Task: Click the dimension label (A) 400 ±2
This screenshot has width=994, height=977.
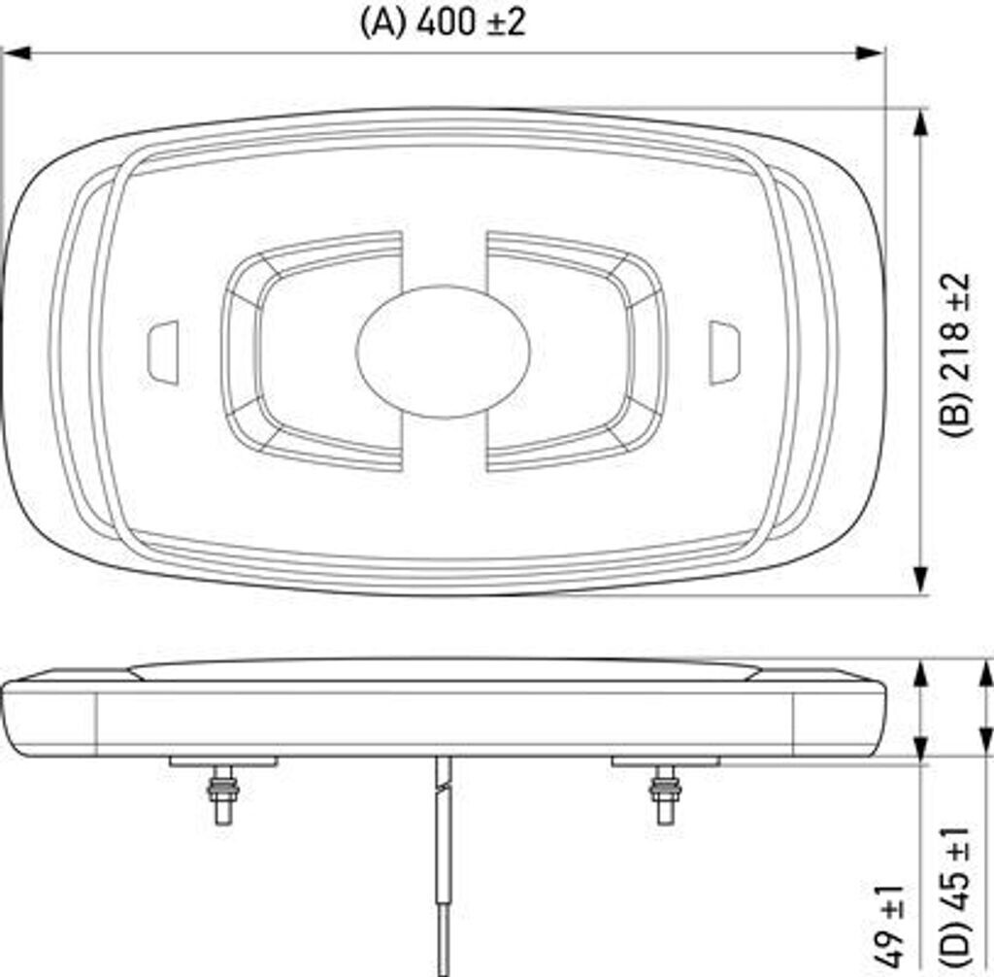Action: point(443,21)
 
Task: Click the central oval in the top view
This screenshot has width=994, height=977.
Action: point(444,351)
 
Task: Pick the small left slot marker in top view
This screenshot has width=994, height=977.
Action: point(163,351)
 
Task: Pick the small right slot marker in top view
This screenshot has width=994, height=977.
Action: point(724,352)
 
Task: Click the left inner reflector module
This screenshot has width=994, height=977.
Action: point(311,351)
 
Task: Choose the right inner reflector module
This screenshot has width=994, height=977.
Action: point(578,351)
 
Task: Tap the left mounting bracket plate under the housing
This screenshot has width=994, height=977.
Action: point(223,761)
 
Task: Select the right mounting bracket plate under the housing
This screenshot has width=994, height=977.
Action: point(665,761)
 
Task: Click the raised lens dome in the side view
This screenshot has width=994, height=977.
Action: point(444,669)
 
